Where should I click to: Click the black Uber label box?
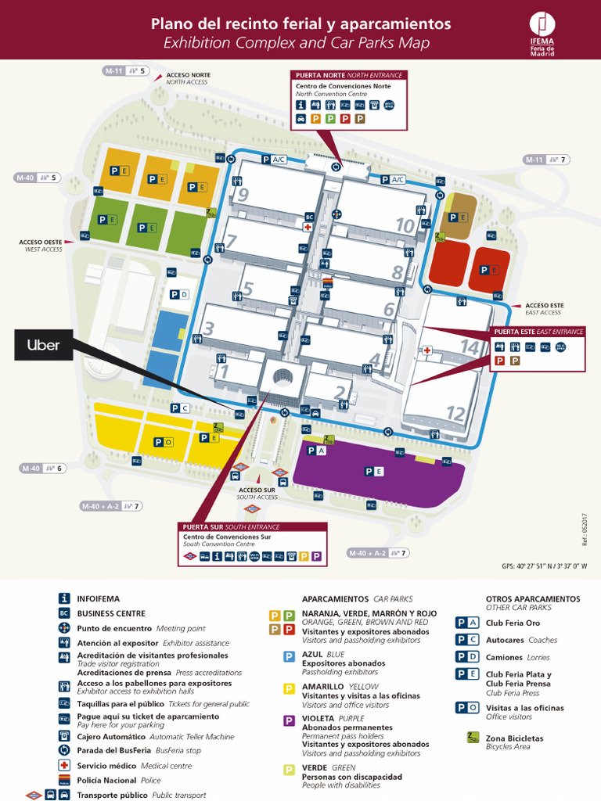[x=44, y=345]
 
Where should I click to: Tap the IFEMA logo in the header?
[x=542, y=33]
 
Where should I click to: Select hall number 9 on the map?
[x=243, y=195]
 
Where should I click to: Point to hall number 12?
[x=455, y=413]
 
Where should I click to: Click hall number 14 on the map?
[x=469, y=346]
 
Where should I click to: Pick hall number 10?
[x=405, y=226]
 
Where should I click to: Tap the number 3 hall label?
[x=208, y=329]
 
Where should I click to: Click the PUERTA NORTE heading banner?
[x=349, y=75]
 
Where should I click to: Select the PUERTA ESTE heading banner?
[x=538, y=332]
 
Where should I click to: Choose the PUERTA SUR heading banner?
[x=231, y=526]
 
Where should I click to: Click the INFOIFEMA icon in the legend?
[x=64, y=598]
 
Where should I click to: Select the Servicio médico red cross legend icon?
[x=64, y=765]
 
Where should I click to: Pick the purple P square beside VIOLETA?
[x=289, y=720]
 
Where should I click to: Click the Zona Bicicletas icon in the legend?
[x=473, y=737]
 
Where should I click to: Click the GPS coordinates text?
[x=544, y=566]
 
